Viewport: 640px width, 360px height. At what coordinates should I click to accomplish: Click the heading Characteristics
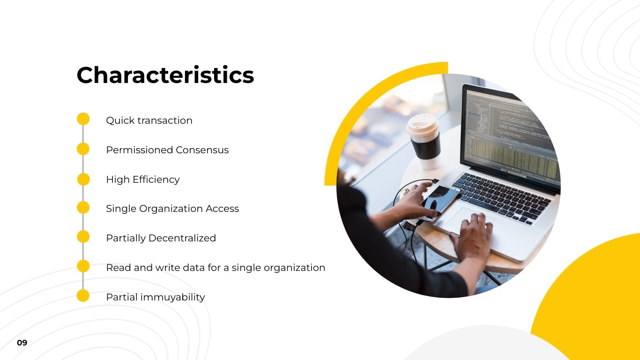(165, 75)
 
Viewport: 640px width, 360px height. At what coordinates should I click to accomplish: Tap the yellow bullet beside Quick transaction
(83, 119)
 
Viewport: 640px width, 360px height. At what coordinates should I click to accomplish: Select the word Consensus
(202, 150)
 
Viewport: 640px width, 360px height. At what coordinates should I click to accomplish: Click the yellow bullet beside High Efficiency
(83, 179)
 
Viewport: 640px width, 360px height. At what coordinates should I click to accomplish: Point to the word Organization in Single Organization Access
(171, 209)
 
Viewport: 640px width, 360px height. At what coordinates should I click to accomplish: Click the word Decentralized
(182, 238)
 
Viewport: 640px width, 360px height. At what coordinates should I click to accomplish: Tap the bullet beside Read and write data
(83, 266)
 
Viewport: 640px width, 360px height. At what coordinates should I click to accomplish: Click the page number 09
(22, 343)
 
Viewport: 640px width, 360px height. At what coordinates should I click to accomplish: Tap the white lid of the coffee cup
(423, 124)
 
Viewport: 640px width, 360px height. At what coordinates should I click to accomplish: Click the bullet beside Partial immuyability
(83, 296)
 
